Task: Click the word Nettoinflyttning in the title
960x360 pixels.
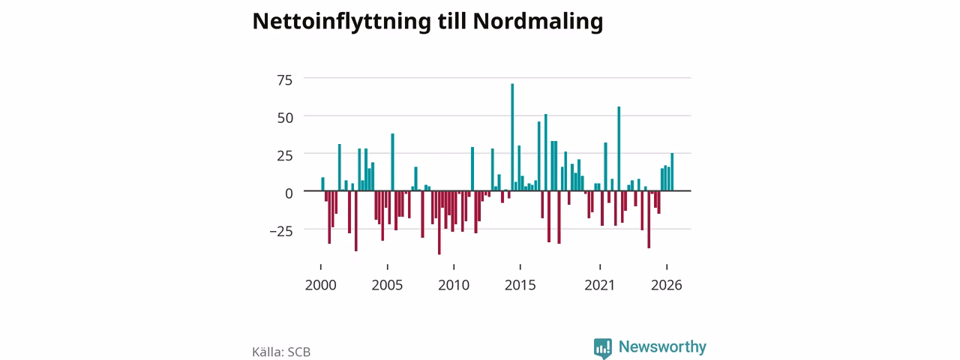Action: (x=341, y=22)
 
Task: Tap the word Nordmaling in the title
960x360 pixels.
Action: (x=538, y=22)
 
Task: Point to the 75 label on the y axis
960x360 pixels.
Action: (x=284, y=80)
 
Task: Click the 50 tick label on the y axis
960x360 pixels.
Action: (x=285, y=118)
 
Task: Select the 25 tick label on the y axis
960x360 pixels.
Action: (x=284, y=155)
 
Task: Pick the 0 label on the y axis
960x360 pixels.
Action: (x=289, y=193)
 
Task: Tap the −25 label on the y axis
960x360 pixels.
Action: (x=281, y=232)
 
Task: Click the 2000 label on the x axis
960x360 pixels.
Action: (x=320, y=285)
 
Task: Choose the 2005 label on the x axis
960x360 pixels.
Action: (x=387, y=285)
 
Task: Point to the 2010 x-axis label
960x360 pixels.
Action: (x=454, y=285)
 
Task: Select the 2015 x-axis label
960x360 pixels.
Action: (x=520, y=285)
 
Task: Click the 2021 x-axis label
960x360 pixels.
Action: (x=599, y=285)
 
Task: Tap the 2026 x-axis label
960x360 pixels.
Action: (x=667, y=285)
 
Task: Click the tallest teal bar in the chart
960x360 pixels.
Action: (x=512, y=137)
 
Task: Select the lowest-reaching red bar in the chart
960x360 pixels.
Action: (x=439, y=223)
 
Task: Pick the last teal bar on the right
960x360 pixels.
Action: (x=672, y=172)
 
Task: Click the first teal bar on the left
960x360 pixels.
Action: (x=322, y=184)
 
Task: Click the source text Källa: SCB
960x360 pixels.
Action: (x=281, y=352)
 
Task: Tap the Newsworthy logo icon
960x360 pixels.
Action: (x=602, y=348)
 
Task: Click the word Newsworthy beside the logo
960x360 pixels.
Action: (x=662, y=346)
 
